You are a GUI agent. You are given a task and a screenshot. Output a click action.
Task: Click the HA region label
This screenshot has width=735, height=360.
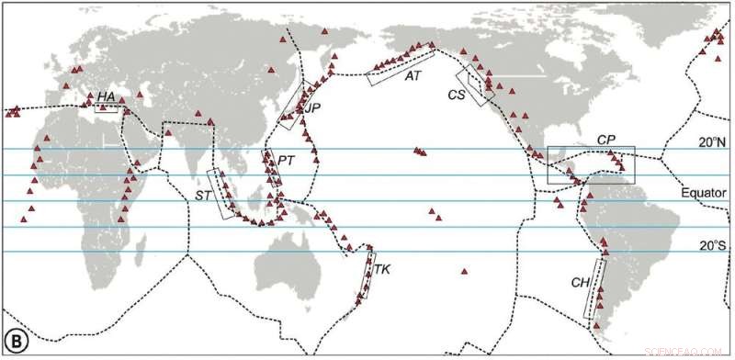tap(107, 96)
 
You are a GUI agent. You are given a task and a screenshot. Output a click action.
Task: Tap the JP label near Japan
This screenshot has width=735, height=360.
tap(313, 108)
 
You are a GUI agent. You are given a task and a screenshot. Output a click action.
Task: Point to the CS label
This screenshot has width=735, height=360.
tap(457, 94)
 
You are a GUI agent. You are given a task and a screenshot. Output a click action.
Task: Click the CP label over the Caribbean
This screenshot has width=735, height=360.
tap(605, 139)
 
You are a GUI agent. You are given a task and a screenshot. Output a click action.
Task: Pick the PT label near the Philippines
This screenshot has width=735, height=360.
tap(286, 161)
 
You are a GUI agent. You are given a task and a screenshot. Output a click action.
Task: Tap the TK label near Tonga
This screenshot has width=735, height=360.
tap(383, 270)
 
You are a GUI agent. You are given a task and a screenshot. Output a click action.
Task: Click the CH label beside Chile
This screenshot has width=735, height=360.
tap(580, 283)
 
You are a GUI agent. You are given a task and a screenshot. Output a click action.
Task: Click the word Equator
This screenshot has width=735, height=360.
tap(706, 195)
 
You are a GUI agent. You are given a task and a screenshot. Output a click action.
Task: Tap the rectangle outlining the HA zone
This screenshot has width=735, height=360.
tap(109, 107)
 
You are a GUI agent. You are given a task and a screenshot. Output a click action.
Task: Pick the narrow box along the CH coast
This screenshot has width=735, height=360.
tap(596, 288)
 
